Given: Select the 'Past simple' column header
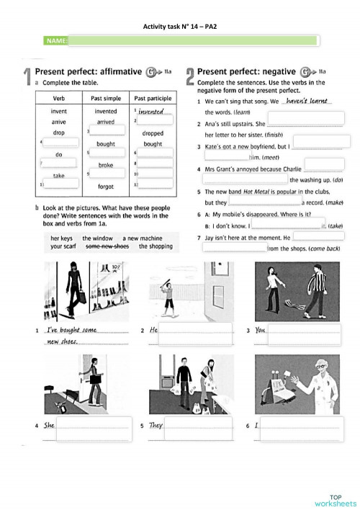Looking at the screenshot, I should [106, 97].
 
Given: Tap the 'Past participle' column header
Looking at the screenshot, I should [153, 97].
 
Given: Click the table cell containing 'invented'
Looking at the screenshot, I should [106, 112].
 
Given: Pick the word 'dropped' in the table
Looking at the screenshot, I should [153, 133].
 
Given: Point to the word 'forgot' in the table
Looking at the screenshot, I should [106, 187].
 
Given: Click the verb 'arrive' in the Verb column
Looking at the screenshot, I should [59, 122].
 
